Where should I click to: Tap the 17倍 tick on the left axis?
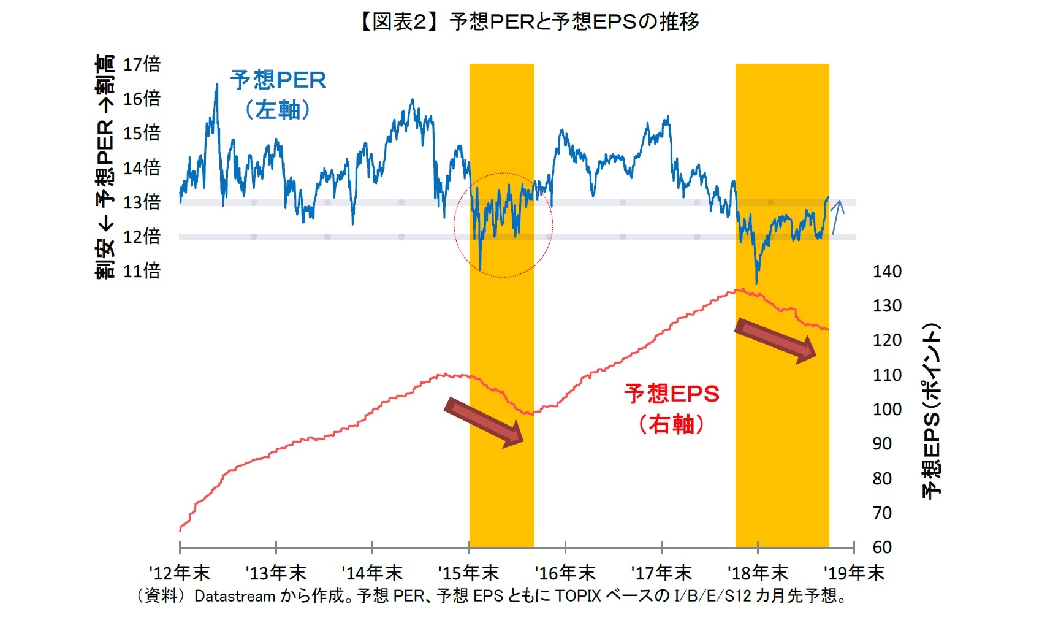point(142,64)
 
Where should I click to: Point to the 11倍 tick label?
point(142,270)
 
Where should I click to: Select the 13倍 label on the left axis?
point(142,202)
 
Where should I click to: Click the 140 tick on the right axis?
point(887,271)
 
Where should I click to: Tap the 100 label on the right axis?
point(887,409)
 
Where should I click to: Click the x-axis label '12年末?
point(179,573)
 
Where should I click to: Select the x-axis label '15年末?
point(468,573)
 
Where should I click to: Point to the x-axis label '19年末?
point(854,573)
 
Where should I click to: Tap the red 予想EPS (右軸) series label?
point(671,408)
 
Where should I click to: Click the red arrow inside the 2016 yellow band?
point(484,422)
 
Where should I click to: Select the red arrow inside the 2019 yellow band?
point(775,340)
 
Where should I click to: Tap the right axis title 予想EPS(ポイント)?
point(931,410)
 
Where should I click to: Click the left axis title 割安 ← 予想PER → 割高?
point(105,166)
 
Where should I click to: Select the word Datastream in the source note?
point(234,596)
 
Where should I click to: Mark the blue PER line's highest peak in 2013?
point(216,86)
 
